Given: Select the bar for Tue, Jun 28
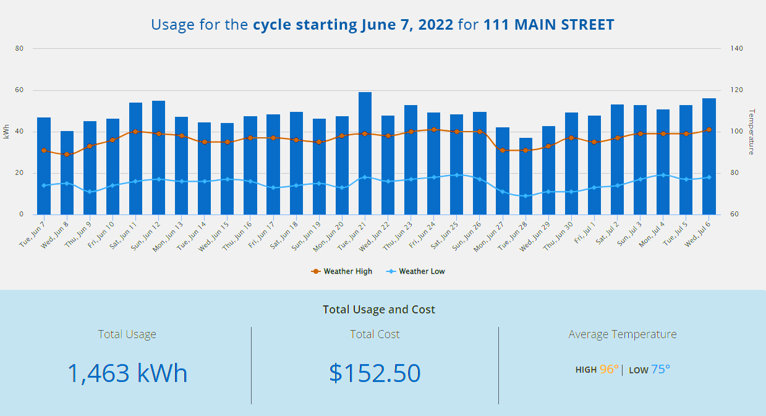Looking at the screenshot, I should pyautogui.click(x=526, y=176).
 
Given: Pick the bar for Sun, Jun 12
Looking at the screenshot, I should pyautogui.click(x=158, y=158).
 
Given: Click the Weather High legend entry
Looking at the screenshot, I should pyautogui.click(x=342, y=271).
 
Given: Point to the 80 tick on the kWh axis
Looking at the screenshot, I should pyautogui.click(x=20, y=48).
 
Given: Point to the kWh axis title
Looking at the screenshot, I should pyautogui.click(x=6, y=131).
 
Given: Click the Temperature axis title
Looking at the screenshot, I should pyautogui.click(x=752, y=131).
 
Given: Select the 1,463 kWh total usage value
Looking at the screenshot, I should pyautogui.click(x=127, y=373).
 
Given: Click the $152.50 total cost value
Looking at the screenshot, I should pyautogui.click(x=375, y=373).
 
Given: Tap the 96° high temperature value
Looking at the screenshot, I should pyautogui.click(x=609, y=370).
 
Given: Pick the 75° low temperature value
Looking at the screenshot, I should pyautogui.click(x=660, y=370).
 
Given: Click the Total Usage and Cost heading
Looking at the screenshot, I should pyautogui.click(x=379, y=310).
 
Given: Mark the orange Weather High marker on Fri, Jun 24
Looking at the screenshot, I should pyautogui.click(x=434, y=130).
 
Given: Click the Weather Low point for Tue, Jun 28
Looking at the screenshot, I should pyautogui.click(x=526, y=196).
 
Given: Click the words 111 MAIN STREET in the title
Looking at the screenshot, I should pyautogui.click(x=549, y=25).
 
